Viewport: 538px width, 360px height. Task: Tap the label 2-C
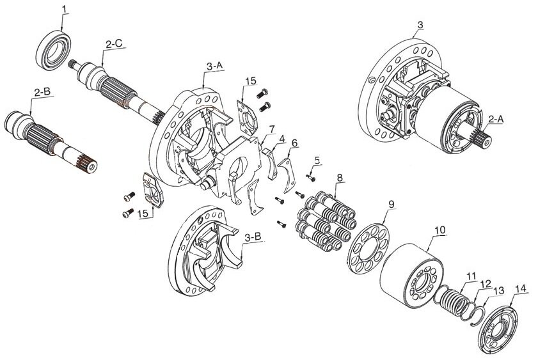coord(115,44)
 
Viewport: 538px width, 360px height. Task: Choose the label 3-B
coord(253,237)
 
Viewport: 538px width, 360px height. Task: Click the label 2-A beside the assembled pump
coord(496,119)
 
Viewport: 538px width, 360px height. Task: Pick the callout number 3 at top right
coord(420,25)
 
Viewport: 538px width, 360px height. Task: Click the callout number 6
coord(294,143)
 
